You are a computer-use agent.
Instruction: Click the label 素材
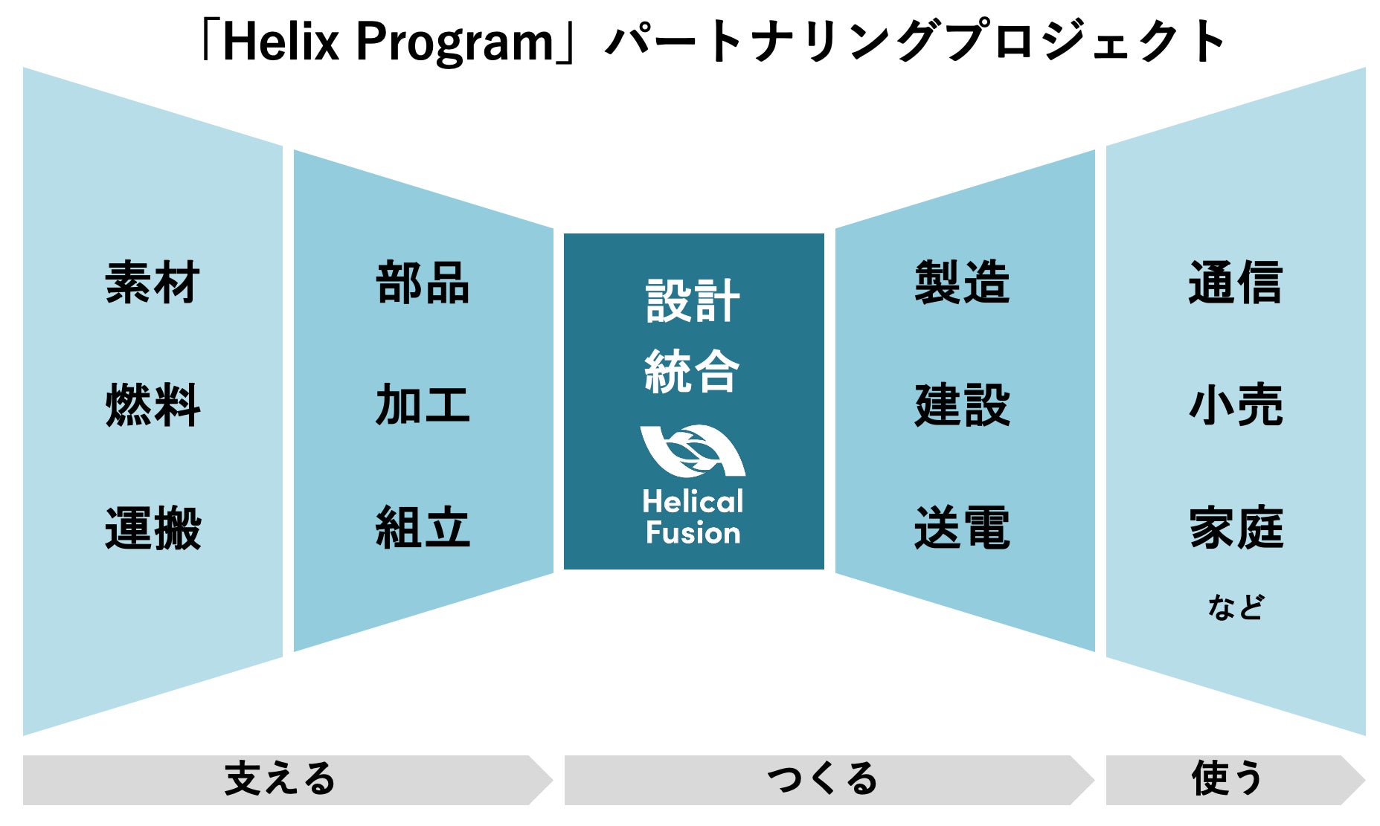[x=153, y=283]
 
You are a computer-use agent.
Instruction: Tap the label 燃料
[x=153, y=405]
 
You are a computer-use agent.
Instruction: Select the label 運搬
[x=153, y=528]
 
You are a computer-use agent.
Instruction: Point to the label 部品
[x=423, y=283]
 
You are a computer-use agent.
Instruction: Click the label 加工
[x=423, y=405]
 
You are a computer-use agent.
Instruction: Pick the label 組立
[x=423, y=528]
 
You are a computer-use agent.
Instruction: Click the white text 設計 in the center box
[x=693, y=301]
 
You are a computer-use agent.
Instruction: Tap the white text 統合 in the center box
[x=693, y=371]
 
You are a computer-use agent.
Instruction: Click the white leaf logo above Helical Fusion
[x=693, y=451]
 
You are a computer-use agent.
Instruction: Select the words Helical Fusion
[x=693, y=517]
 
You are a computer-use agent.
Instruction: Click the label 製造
[x=962, y=283]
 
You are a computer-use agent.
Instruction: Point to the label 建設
[x=962, y=405]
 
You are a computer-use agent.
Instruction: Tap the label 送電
[x=962, y=528]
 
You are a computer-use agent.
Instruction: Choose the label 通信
[x=1236, y=283]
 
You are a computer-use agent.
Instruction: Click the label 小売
[x=1236, y=405]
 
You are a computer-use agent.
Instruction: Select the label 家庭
[x=1236, y=528]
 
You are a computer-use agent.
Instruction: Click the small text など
[x=1236, y=607]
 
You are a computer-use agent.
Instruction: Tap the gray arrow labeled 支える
[x=288, y=780]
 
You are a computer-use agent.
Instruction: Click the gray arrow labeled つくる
[x=829, y=780]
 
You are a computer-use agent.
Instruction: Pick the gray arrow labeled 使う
[x=1235, y=780]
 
